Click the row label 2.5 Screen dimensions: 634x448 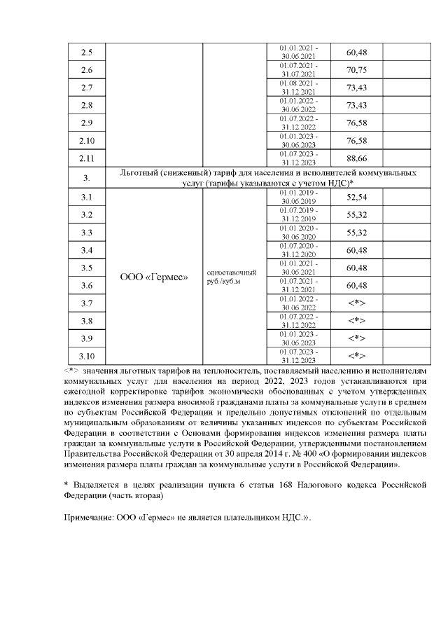(87, 53)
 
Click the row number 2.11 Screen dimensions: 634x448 (87, 158)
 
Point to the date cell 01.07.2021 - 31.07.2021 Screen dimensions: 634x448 (299, 70)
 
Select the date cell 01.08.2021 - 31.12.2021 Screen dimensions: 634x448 (299, 88)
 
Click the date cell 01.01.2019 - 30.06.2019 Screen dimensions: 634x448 (299, 196)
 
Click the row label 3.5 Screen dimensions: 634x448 (87, 268)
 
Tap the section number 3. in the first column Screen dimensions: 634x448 (87, 177)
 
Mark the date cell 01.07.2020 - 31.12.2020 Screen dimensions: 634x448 (299, 249)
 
